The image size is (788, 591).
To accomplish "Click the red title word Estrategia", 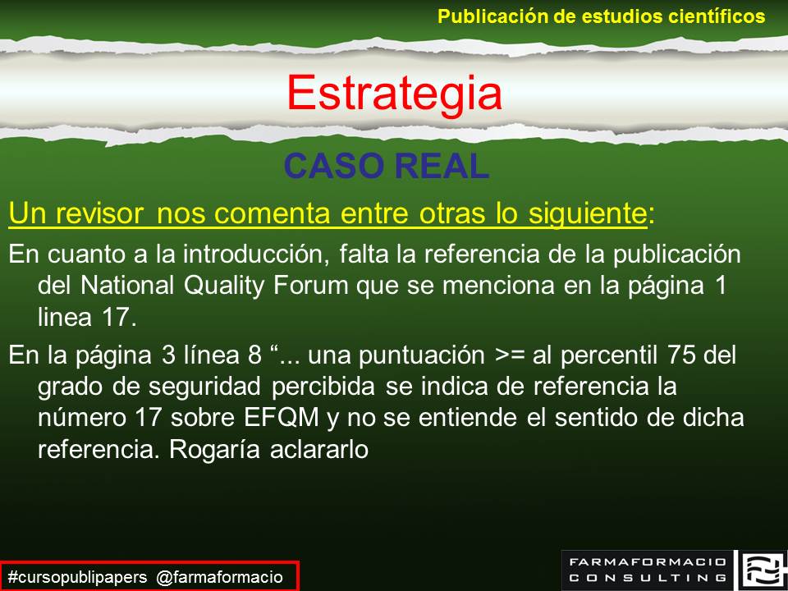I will click(394, 93).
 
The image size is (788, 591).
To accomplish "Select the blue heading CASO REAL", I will click(387, 167).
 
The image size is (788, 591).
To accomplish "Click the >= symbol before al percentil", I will click(506, 356).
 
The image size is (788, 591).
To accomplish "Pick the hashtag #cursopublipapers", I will click(78, 577).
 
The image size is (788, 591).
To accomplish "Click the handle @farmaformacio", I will click(220, 577).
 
